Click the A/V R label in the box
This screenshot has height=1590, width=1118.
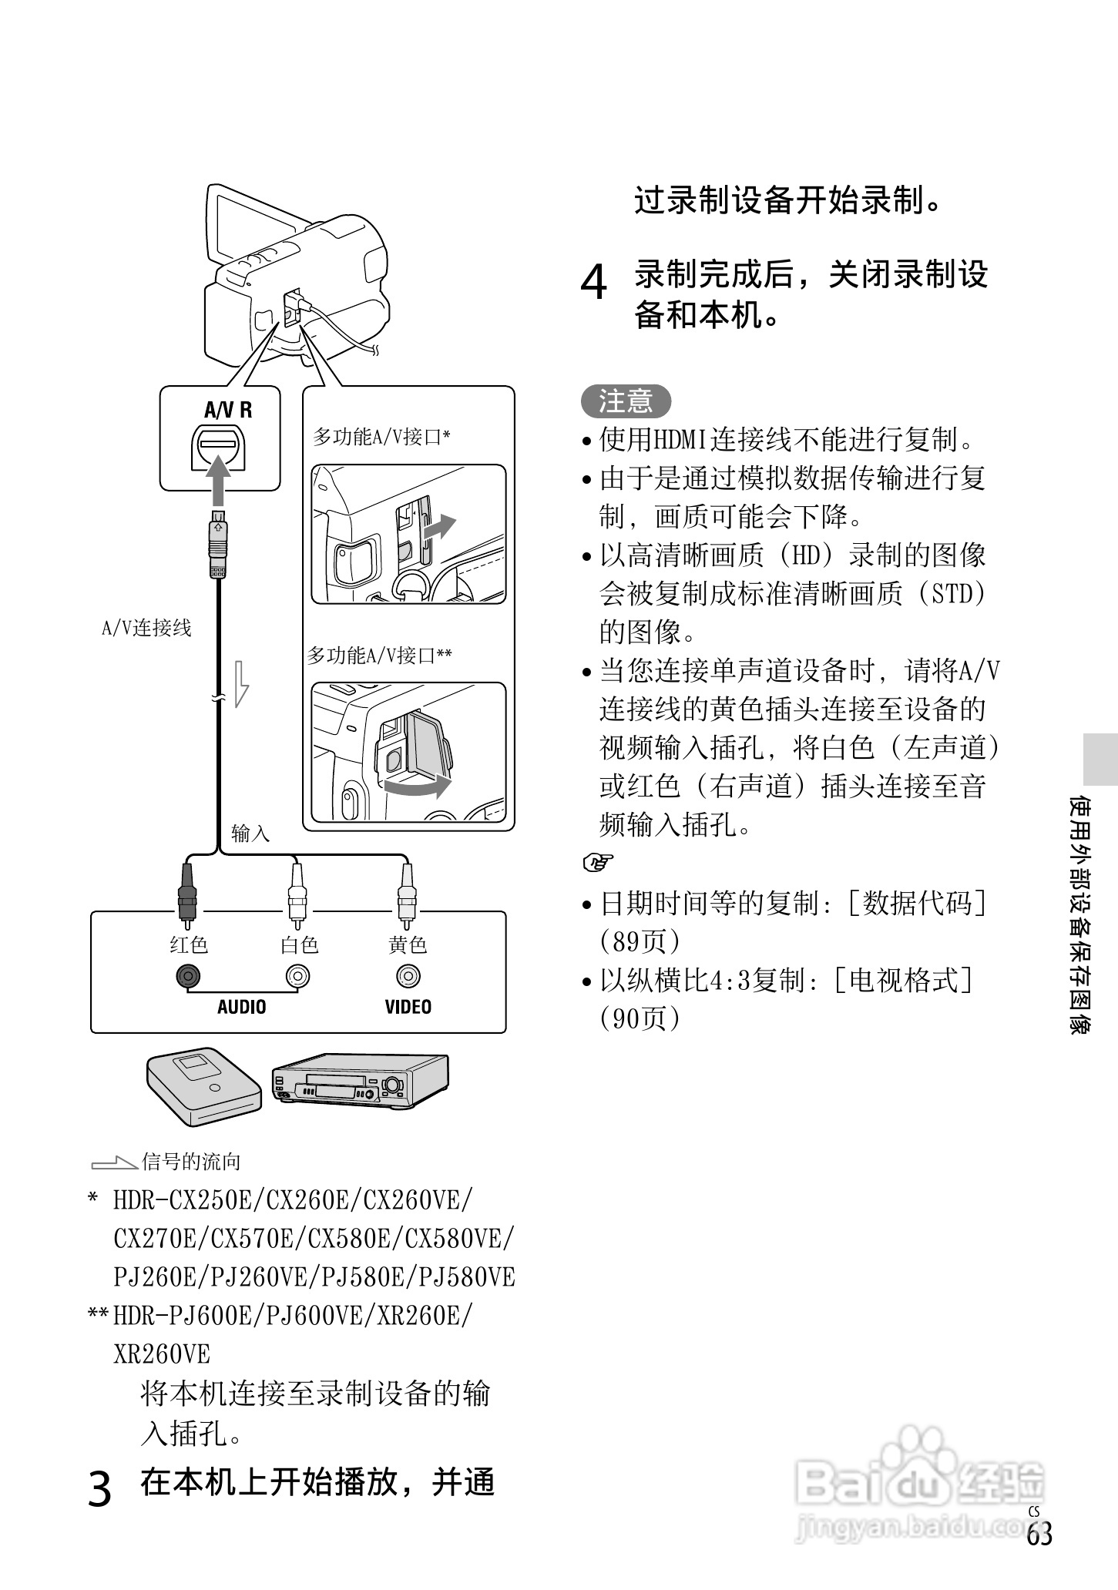pyautogui.click(x=228, y=410)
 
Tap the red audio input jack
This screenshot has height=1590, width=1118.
pyautogui.click(x=186, y=977)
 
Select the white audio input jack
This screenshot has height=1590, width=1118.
pyautogui.click(x=297, y=977)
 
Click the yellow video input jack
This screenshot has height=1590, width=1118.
pyautogui.click(x=408, y=977)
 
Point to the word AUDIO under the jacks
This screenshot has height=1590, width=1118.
pyautogui.click(x=241, y=1007)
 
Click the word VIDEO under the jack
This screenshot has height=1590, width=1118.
pyautogui.click(x=408, y=1007)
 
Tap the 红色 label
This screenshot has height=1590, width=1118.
pyautogui.click(x=189, y=945)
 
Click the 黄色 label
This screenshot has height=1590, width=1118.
pyautogui.click(x=408, y=945)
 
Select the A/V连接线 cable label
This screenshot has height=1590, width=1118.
pyautogui.click(x=146, y=629)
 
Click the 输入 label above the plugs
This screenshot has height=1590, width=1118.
pyautogui.click(x=250, y=834)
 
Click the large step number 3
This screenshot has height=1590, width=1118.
pyautogui.click(x=101, y=1489)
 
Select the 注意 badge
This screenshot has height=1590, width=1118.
pyautogui.click(x=626, y=401)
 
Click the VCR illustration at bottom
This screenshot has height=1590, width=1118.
pyautogui.click(x=359, y=1081)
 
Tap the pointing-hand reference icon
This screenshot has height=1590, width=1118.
pyautogui.click(x=596, y=863)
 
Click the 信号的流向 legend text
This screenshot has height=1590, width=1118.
pyautogui.click(x=191, y=1162)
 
